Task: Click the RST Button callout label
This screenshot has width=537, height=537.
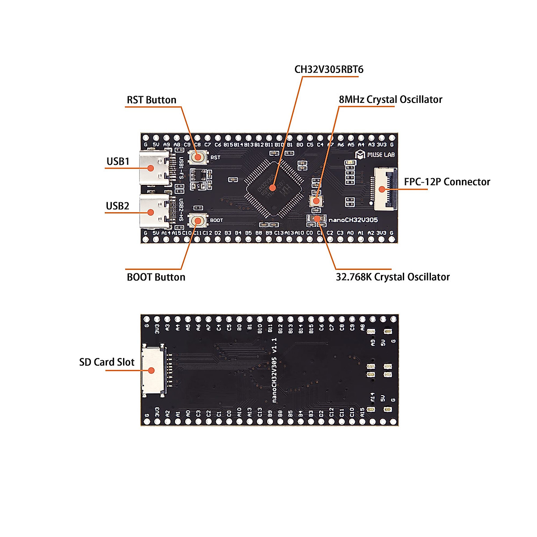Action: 151,100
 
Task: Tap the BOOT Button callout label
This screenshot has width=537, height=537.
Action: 156,277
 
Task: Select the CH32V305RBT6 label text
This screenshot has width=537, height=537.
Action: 329,69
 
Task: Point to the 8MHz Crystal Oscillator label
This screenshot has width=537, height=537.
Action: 390,99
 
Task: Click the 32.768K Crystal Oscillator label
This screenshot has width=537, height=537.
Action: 392,277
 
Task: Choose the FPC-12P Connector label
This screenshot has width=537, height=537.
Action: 447,182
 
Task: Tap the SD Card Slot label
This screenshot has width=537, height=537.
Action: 107,362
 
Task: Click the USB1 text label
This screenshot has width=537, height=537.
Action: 118,161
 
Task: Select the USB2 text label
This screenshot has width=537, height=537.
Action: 117,206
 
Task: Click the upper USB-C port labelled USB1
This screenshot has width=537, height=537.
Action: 153,168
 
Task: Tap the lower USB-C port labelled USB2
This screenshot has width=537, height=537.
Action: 153,212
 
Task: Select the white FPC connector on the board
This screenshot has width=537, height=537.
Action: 383,189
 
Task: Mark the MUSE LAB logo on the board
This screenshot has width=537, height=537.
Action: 375,155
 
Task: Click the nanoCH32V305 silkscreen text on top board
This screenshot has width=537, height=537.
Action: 353,220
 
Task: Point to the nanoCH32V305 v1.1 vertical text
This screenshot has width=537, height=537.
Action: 275,371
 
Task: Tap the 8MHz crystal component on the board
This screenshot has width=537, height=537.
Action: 316,200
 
